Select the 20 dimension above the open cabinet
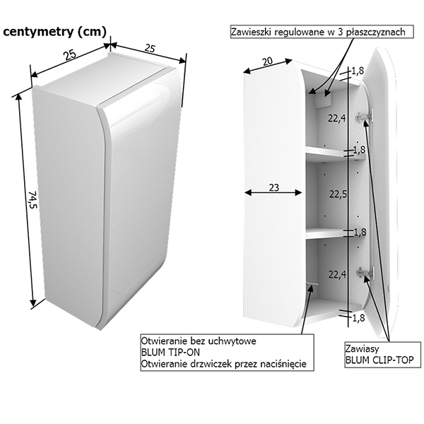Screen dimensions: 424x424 coord(266,61)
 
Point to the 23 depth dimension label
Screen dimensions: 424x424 coord(273,188)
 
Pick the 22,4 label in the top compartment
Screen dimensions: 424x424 coord(336,118)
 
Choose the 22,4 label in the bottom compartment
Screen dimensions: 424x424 coord(336,274)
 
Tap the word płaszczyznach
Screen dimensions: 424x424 coord(382,33)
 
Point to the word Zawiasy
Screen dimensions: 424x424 coord(362,349)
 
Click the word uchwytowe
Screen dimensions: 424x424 coord(230,341)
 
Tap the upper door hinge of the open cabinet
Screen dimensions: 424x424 coord(363,117)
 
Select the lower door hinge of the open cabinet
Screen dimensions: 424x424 coord(363,270)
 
